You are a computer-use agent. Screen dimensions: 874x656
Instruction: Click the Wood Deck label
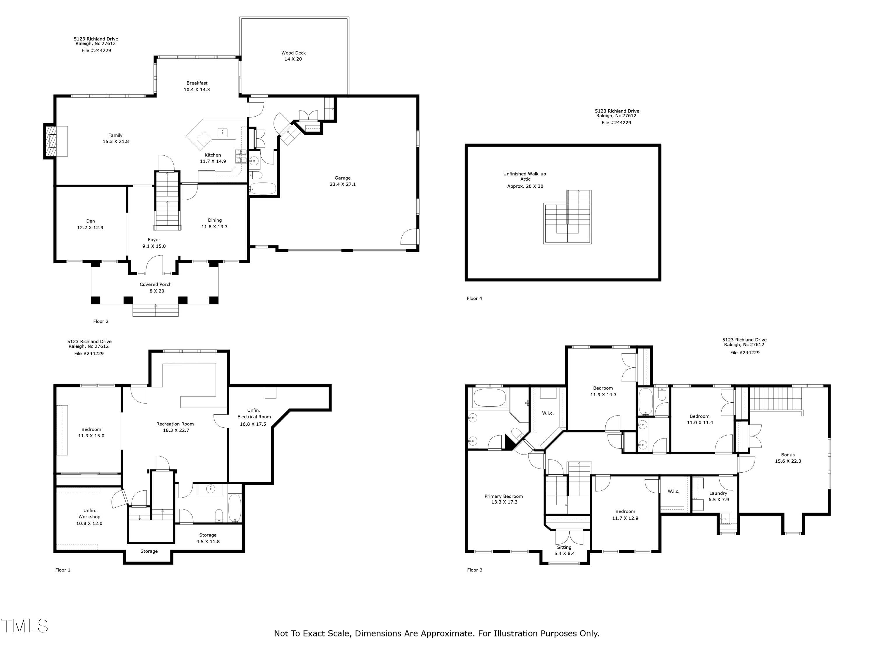[x=294, y=52]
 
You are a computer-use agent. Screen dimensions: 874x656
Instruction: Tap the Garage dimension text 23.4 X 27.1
[x=343, y=184]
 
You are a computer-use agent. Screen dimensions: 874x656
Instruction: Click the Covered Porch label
[x=156, y=284]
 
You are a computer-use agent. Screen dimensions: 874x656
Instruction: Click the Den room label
[x=91, y=221]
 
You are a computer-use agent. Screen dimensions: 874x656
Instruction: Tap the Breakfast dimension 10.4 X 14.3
[x=197, y=90]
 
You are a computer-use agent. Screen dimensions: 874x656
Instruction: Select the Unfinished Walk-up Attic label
[x=525, y=176]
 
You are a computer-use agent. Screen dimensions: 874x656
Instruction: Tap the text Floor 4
[x=475, y=299]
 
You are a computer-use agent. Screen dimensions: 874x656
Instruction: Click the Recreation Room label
[x=175, y=424]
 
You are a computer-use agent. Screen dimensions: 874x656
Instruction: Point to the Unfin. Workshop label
[x=90, y=514]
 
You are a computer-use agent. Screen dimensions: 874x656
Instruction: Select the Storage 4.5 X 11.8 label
[x=208, y=538]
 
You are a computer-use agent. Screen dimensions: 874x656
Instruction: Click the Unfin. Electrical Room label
[x=254, y=414]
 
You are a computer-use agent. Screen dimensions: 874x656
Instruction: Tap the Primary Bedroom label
[x=504, y=496]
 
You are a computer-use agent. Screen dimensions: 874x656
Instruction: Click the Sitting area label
[x=564, y=547]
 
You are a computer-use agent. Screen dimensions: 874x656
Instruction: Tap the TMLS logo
[x=24, y=626]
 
